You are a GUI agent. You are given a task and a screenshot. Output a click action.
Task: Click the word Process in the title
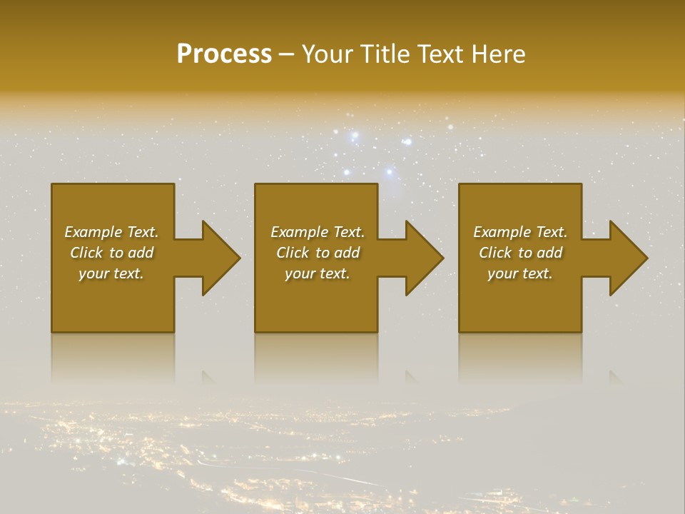224,54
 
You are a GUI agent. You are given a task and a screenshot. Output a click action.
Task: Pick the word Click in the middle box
293,253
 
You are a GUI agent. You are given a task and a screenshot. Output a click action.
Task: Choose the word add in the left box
141,253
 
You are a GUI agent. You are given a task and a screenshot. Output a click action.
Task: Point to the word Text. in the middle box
348,232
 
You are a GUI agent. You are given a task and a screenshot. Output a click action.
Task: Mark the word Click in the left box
86,253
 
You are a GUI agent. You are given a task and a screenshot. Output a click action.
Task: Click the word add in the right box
549,253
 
